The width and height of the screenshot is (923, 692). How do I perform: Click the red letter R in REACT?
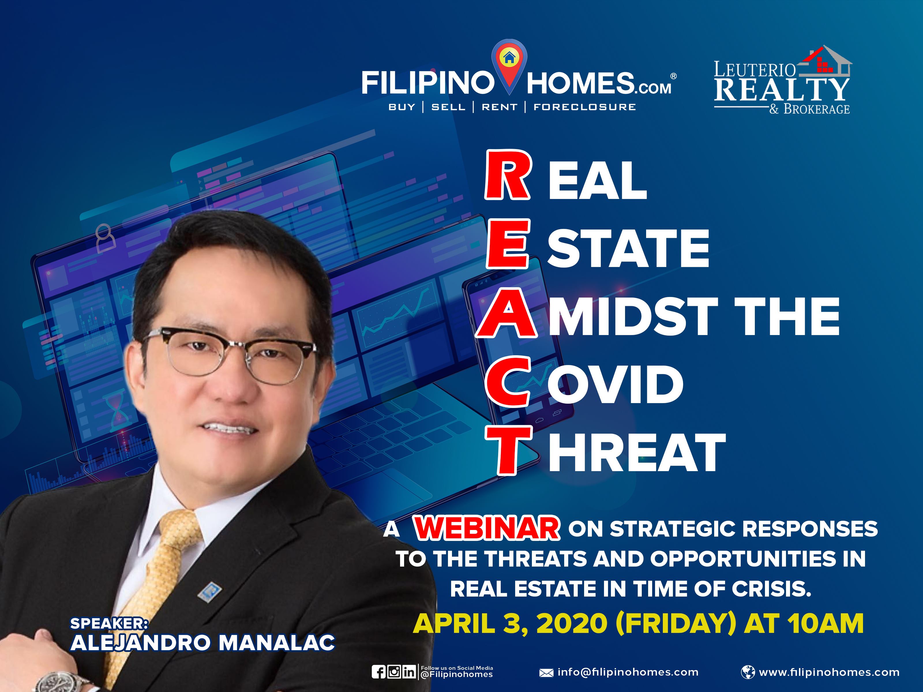508,175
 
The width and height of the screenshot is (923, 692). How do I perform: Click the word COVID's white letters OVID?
616,384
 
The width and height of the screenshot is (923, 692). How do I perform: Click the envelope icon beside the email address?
546,673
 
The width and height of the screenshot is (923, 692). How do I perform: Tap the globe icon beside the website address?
748,672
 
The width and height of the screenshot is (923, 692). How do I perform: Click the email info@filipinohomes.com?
628,672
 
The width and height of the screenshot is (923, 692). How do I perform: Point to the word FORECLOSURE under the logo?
585,107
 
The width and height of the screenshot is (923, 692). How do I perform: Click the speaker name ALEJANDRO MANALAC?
203,643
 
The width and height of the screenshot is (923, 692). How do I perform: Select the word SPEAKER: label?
109,623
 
